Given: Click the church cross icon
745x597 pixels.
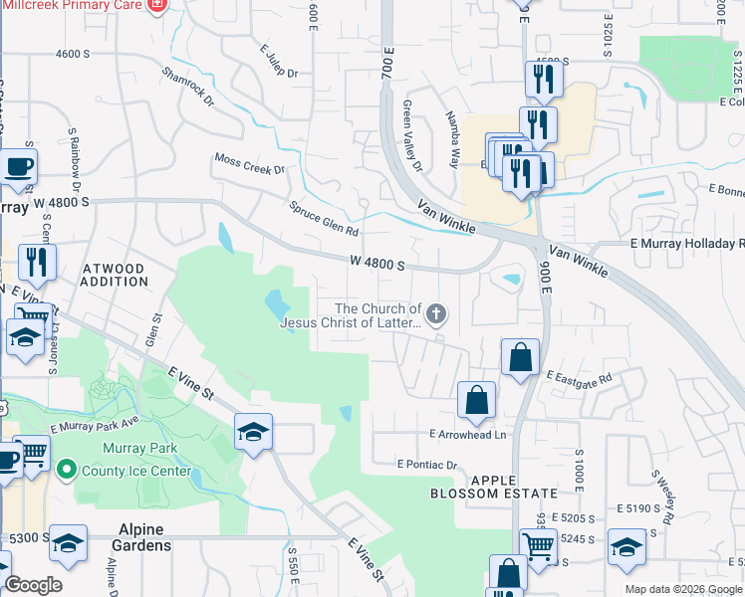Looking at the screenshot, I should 436,314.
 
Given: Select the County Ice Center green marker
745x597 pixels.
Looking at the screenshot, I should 67,467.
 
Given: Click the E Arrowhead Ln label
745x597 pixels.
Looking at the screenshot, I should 468,434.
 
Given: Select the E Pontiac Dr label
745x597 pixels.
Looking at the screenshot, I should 426,464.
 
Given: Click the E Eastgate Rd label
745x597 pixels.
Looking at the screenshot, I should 579,377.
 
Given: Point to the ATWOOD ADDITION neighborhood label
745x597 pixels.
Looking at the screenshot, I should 114,276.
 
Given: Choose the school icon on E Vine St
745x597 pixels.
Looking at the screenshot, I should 254,432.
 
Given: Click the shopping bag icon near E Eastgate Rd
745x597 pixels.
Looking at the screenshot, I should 520,356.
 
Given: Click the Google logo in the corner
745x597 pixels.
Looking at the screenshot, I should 33,585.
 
